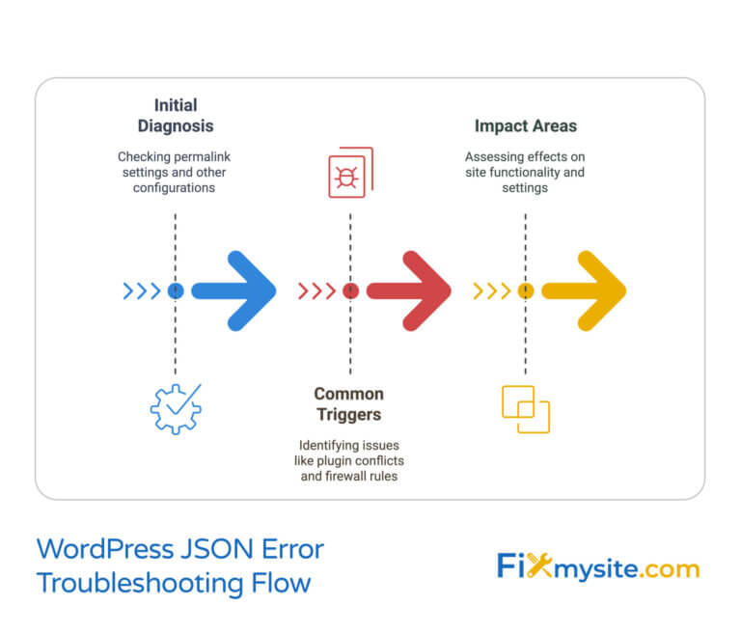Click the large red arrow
[410, 290]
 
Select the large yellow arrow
[585, 290]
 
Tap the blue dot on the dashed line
[175, 290]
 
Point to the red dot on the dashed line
[350, 290]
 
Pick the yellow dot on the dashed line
[526, 290]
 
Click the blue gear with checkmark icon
[175, 407]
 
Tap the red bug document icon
[350, 173]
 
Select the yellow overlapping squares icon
[526, 408]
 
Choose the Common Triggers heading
[348, 404]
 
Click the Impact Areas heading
[525, 126]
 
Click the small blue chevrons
[143, 290]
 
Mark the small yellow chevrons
[492, 290]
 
